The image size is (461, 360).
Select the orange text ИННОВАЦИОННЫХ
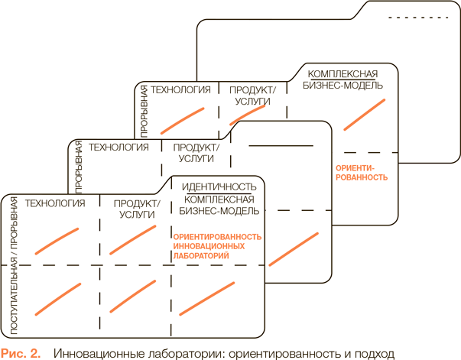(x=209, y=247)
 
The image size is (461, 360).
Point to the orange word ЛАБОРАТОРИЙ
(x=203, y=257)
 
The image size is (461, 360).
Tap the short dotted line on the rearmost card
(x=406, y=17)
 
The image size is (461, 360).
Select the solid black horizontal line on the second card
(x=281, y=145)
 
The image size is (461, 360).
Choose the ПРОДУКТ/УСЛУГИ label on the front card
(x=137, y=209)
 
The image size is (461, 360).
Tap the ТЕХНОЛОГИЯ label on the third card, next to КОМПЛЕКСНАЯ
(x=180, y=89)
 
